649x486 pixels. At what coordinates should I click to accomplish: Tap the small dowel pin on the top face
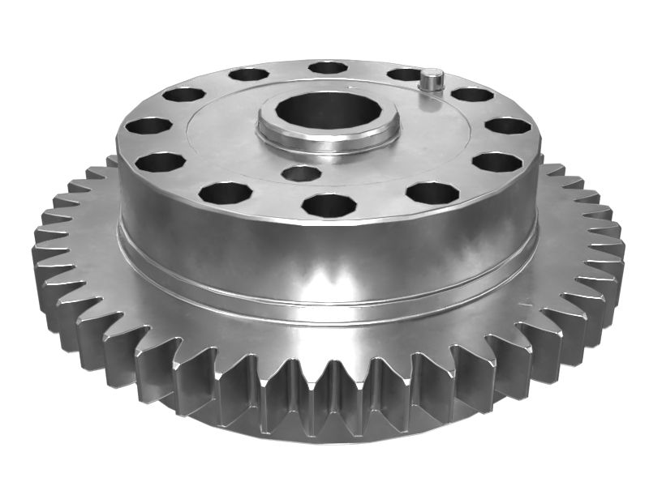[x=432, y=79]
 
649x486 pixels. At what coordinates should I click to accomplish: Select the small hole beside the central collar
[x=300, y=173]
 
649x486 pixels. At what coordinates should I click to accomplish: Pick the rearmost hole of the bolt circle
[x=328, y=67]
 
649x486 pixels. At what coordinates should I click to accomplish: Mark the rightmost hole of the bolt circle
[x=508, y=126]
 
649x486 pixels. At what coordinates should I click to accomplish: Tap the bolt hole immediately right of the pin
[x=472, y=94]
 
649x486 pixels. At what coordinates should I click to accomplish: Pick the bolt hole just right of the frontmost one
[x=432, y=193]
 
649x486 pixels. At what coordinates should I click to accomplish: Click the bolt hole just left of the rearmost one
[x=248, y=75]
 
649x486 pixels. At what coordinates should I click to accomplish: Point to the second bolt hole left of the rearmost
[x=184, y=94]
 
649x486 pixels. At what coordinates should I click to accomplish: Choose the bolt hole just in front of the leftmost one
[x=160, y=162]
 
